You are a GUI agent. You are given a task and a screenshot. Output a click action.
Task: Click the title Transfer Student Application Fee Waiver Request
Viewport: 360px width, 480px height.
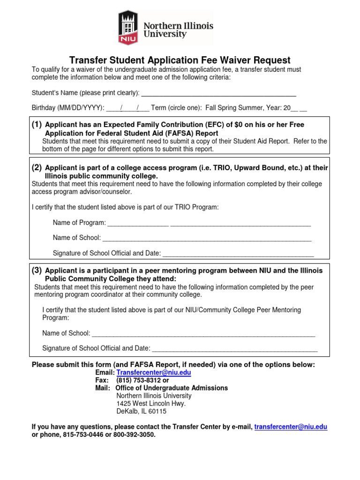pos(180,60)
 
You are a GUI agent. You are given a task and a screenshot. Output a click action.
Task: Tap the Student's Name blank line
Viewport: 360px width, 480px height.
pos(218,93)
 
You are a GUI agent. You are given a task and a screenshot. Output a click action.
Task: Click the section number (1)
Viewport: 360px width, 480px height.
pos(37,125)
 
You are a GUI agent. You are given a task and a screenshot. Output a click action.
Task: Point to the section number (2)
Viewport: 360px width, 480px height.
pos(37,168)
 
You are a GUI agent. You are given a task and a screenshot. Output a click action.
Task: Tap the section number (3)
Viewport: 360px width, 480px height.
pos(37,270)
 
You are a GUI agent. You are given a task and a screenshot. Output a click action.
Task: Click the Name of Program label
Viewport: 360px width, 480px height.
pos(79,223)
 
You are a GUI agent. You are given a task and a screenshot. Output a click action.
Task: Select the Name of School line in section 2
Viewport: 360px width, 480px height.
pos(207,238)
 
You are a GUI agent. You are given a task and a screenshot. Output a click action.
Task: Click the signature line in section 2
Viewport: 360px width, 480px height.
pos(238,253)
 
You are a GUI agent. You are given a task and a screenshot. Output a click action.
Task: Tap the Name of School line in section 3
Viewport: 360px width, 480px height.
pos(203,333)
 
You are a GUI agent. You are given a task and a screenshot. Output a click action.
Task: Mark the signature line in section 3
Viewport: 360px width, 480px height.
pos(235,348)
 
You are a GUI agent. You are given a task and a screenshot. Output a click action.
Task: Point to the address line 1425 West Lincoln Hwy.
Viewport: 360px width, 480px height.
pos(151,404)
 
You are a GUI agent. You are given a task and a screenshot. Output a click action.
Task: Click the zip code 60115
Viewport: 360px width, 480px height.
pos(157,412)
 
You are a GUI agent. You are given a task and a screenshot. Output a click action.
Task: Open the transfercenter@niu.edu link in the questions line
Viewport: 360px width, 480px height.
pos(291,427)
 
